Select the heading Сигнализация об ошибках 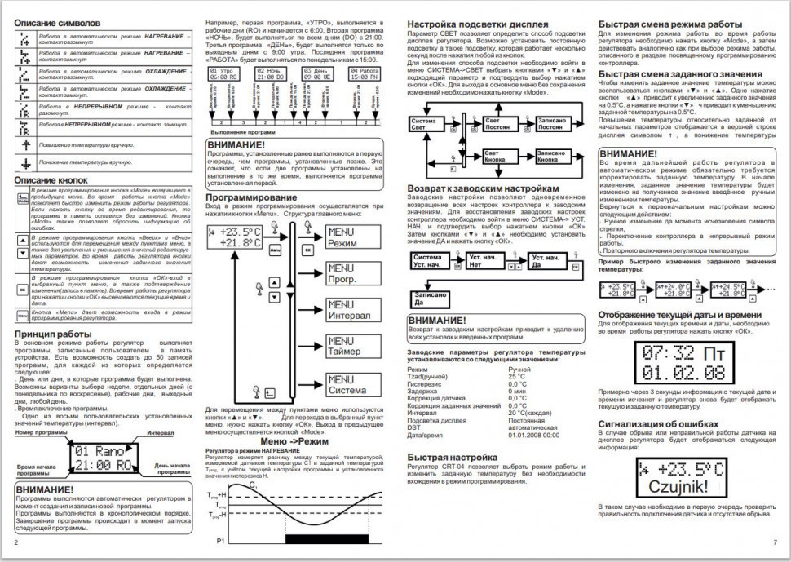pos(658,425)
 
